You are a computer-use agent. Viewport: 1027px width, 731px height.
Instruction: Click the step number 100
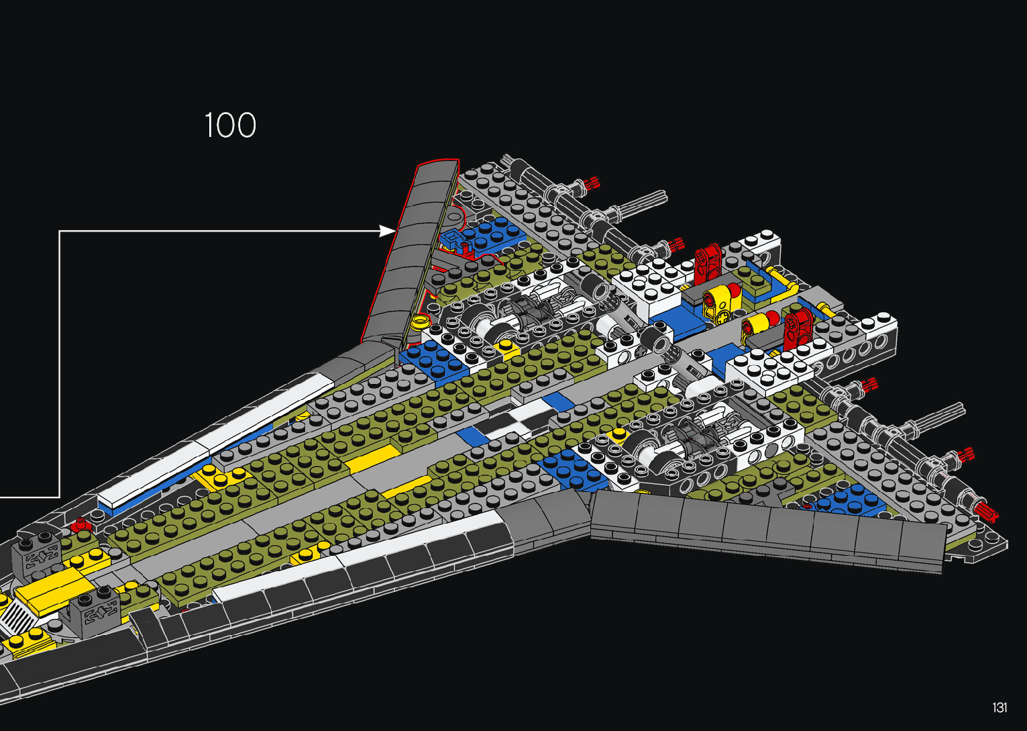point(230,126)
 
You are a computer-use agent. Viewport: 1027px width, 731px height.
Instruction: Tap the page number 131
point(999,708)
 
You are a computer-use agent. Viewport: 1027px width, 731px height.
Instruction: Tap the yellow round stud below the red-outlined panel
point(421,321)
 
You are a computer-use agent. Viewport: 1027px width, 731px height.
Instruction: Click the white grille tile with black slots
point(15,617)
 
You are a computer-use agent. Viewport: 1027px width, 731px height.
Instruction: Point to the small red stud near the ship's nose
point(81,522)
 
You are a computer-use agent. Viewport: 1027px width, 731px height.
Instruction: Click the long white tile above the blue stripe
point(215,440)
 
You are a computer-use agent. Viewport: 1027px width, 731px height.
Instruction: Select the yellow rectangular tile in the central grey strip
point(372,457)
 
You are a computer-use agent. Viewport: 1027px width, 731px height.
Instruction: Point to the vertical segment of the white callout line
point(60,362)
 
